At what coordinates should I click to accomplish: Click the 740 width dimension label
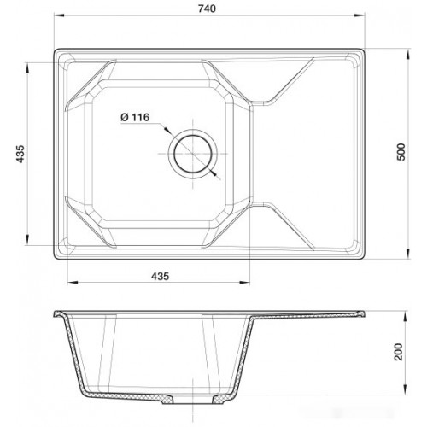(207, 9)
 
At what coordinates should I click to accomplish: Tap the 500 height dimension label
(401, 152)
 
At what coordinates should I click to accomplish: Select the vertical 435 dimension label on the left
(20, 154)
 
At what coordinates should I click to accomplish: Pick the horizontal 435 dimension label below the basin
(160, 276)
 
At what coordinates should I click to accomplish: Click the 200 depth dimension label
(399, 352)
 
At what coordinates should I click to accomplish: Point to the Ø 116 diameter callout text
(135, 117)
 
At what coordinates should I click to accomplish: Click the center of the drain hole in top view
(193, 154)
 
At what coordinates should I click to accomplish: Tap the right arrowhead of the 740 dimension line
(360, 15)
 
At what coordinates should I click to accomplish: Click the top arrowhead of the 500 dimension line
(408, 53)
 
